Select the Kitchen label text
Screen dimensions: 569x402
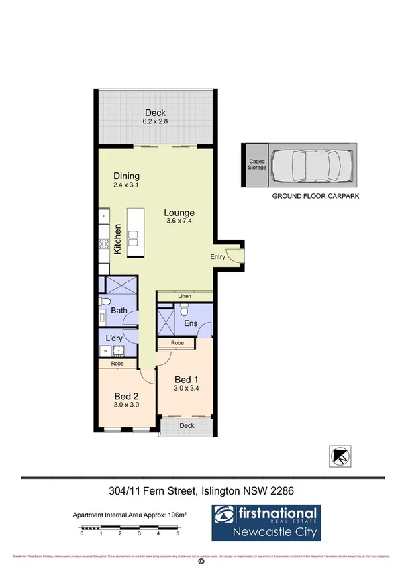click(x=117, y=239)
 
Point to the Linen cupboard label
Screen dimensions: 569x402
click(x=185, y=296)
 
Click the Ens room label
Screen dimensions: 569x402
click(x=191, y=324)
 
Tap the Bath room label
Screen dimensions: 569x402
click(x=119, y=311)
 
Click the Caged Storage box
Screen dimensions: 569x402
click(x=256, y=164)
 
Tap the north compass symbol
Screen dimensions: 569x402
click(x=340, y=456)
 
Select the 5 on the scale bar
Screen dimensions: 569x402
click(x=177, y=534)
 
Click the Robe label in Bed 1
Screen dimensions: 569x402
click(x=177, y=343)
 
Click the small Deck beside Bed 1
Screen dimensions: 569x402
click(x=186, y=426)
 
